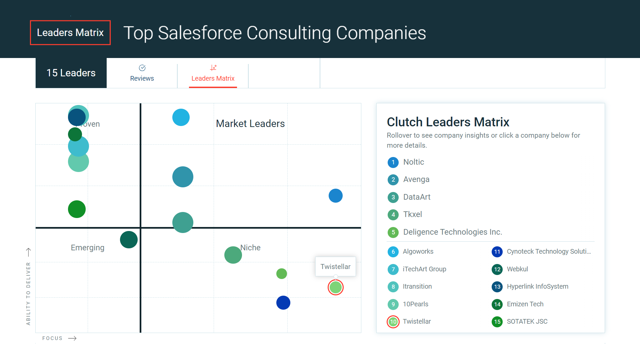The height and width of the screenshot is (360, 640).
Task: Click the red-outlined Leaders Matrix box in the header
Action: point(70,33)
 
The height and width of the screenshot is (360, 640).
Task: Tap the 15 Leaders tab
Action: point(71,73)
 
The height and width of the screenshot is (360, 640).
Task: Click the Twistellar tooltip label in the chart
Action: point(335,267)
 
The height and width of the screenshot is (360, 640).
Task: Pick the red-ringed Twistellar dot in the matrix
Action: point(336,287)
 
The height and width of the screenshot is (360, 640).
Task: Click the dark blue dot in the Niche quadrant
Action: point(283,303)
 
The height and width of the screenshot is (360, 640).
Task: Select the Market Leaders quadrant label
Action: point(250,124)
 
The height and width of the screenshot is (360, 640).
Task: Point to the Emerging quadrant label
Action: point(88,248)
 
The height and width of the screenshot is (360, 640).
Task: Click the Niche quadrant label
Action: point(250,248)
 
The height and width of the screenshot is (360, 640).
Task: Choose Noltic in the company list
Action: point(414,162)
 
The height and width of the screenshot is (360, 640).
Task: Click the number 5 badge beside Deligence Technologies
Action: point(393,232)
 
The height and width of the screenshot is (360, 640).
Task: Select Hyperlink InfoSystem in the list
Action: point(537,286)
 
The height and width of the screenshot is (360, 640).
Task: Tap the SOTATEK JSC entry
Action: point(527,321)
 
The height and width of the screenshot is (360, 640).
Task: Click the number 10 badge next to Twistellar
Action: point(393,322)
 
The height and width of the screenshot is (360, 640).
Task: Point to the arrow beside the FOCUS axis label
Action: point(72,338)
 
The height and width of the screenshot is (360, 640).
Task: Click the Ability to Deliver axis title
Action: point(28,293)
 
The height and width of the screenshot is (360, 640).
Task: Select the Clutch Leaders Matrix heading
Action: point(448,122)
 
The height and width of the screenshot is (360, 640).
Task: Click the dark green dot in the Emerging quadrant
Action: point(129,240)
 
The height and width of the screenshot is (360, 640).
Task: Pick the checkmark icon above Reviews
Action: point(142,68)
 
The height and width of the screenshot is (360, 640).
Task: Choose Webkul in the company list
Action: point(517,269)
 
